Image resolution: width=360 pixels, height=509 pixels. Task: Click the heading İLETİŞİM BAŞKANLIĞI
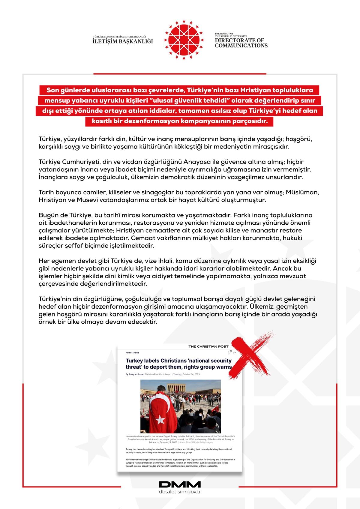click(x=123, y=41)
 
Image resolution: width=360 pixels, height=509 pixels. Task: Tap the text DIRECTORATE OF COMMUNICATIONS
click(x=241, y=43)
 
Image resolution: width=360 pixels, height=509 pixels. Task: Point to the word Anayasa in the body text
click(x=198, y=162)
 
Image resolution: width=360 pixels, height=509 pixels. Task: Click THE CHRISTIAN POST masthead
click(x=208, y=346)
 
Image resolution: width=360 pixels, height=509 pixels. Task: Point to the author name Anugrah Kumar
click(x=136, y=374)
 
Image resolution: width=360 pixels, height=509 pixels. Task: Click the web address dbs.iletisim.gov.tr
click(x=180, y=492)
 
